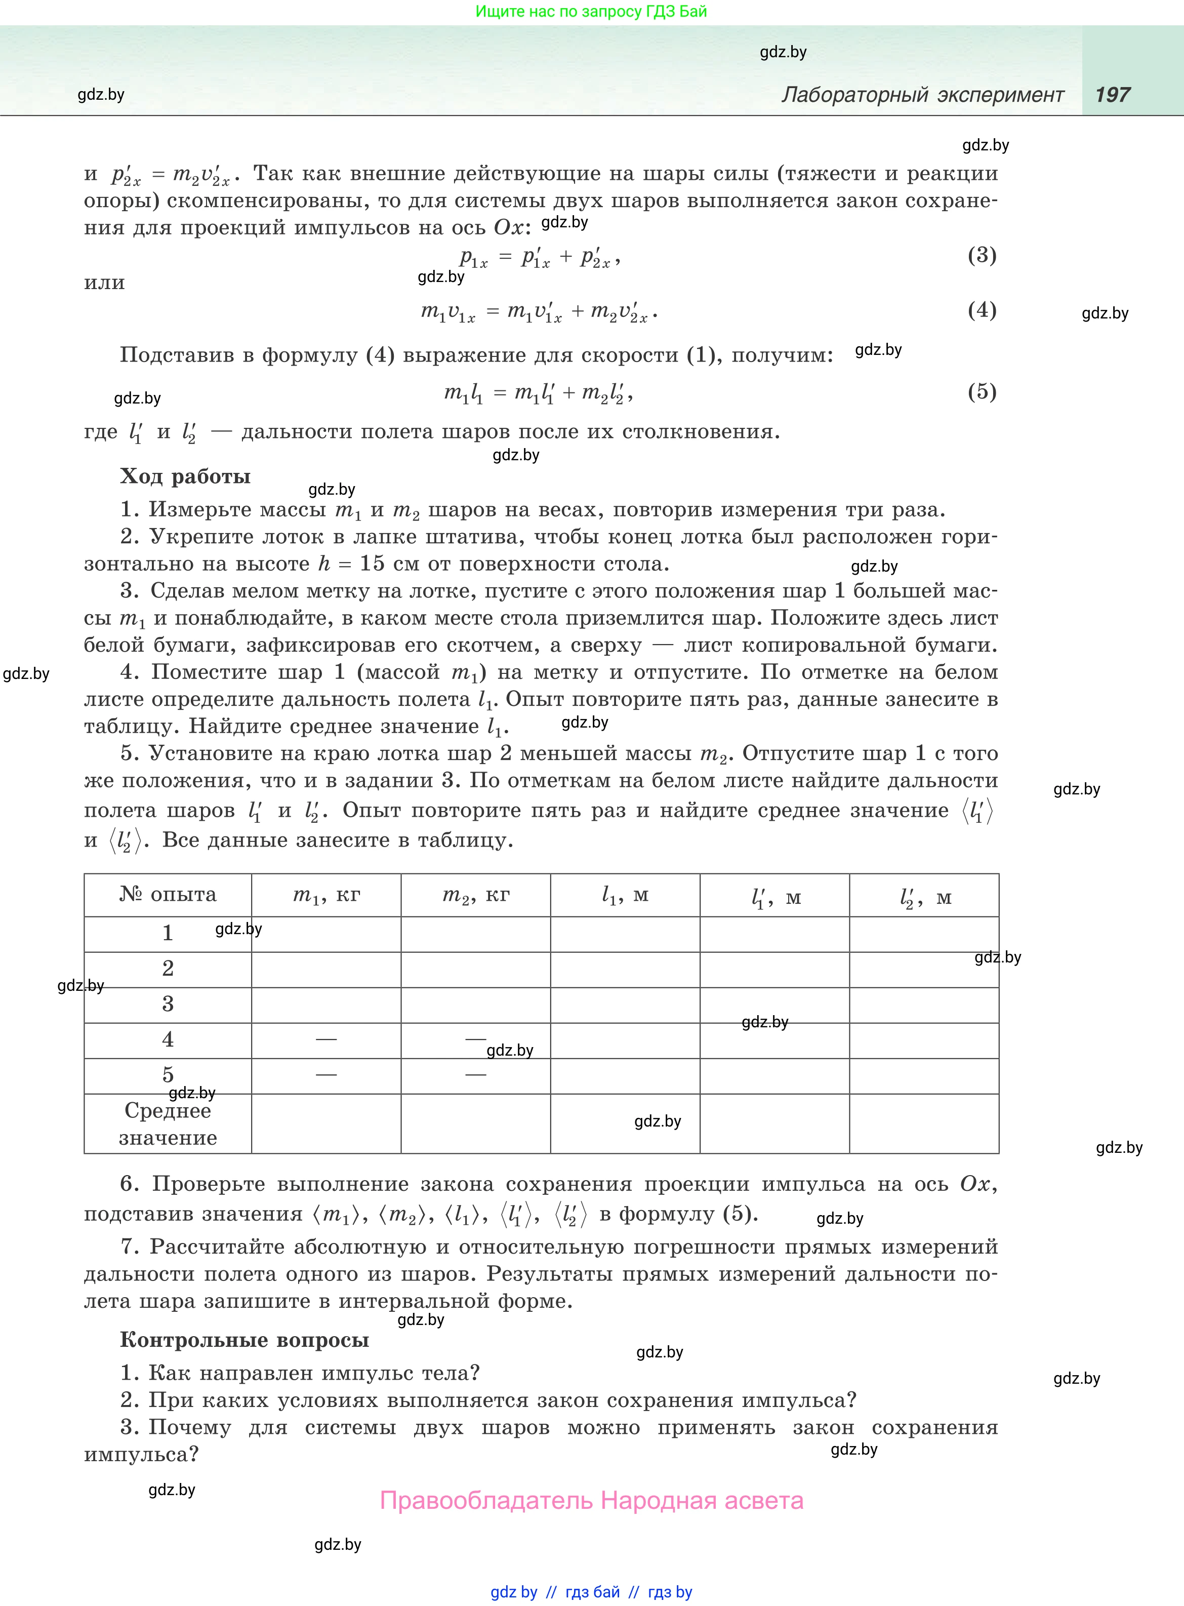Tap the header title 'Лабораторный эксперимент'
922,95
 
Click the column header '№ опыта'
168,894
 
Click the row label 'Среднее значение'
168,1123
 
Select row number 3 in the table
168,1004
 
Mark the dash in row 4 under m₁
326,1039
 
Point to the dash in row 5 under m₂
476,1074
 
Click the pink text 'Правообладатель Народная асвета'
591,1500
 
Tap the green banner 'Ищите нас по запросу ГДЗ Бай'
591,12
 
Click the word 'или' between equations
105,283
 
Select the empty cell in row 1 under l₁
625,934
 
